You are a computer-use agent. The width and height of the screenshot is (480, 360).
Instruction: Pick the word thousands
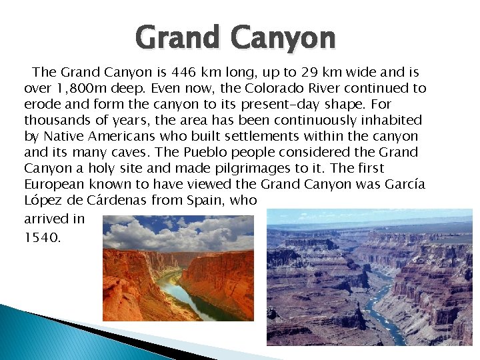(57, 120)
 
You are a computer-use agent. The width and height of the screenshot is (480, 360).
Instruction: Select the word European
(54, 184)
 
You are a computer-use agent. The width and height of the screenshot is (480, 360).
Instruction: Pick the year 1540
(42, 237)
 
